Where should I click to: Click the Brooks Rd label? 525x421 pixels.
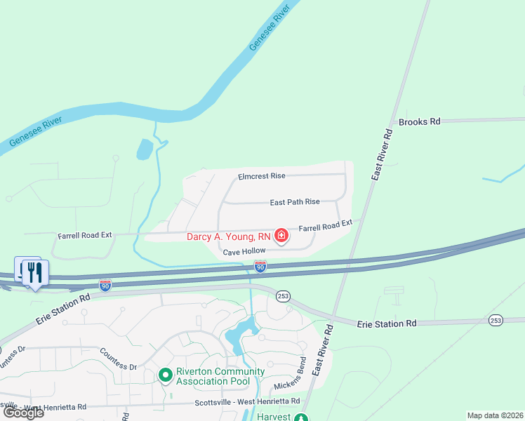(x=419, y=121)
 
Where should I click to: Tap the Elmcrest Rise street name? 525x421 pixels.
(x=261, y=177)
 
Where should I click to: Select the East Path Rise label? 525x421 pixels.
(x=295, y=202)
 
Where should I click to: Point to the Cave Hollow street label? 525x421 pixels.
(x=244, y=251)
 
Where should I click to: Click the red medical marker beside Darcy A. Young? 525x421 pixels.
(x=281, y=236)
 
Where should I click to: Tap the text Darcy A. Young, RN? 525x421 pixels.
(x=228, y=236)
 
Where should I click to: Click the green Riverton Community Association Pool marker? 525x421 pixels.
(x=166, y=376)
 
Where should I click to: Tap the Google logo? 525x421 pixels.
(x=24, y=412)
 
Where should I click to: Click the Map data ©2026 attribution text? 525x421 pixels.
(x=495, y=415)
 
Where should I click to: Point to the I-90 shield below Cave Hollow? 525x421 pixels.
(x=260, y=267)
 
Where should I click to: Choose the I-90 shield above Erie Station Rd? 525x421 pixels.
(x=105, y=285)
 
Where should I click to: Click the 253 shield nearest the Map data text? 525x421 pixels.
(x=496, y=320)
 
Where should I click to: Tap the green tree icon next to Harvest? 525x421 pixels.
(x=300, y=417)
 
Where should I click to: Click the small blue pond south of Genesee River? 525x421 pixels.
(x=144, y=149)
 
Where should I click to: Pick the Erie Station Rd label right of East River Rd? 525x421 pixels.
(x=387, y=323)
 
